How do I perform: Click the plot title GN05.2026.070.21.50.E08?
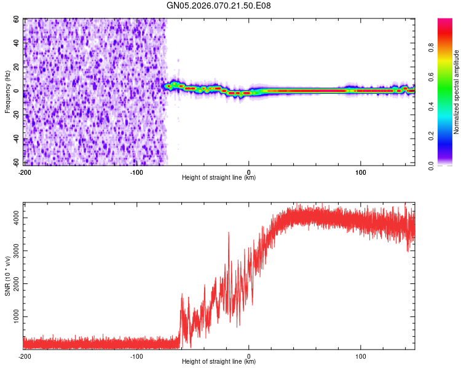pos(219,6)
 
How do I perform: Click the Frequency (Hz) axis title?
pos(7,91)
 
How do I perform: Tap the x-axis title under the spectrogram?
pos(219,178)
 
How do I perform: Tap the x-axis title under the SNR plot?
pos(219,362)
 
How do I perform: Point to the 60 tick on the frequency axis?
pos(17,20)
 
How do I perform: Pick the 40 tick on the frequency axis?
pos(17,44)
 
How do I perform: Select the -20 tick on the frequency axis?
pos(16,115)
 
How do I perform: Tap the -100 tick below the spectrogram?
pos(136,172)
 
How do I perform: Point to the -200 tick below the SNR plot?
pos(25,356)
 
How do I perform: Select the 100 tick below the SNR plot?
pos(361,356)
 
